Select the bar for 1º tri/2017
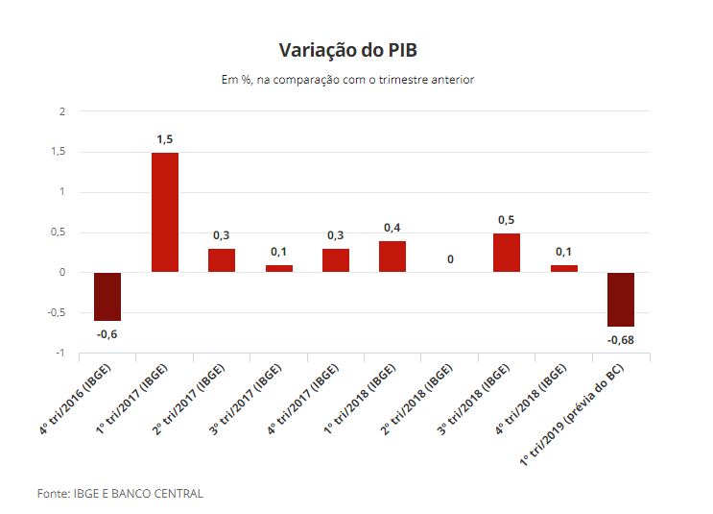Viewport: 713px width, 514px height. pyautogui.click(x=164, y=212)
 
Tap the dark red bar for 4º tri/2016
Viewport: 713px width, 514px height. pyautogui.click(x=107, y=296)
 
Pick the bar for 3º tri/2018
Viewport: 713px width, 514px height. pyautogui.click(x=507, y=253)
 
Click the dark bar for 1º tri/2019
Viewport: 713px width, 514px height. pyautogui.click(x=621, y=299)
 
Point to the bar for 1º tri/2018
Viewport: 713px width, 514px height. pyautogui.click(x=392, y=257)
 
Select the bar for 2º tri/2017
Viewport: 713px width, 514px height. pyautogui.click(x=222, y=260)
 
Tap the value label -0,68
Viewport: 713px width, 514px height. pyautogui.click(x=621, y=340)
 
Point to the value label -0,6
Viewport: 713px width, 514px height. pyautogui.click(x=107, y=333)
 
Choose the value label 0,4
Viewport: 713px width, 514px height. pyautogui.click(x=392, y=228)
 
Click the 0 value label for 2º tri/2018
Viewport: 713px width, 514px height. pyautogui.click(x=449, y=259)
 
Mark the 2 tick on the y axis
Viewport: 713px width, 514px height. pyautogui.click(x=61, y=111)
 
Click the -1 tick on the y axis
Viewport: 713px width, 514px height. pyautogui.click(x=59, y=354)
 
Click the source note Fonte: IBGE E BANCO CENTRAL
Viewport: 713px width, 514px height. pyautogui.click(x=120, y=493)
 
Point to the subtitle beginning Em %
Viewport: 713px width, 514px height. pyautogui.click(x=347, y=80)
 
